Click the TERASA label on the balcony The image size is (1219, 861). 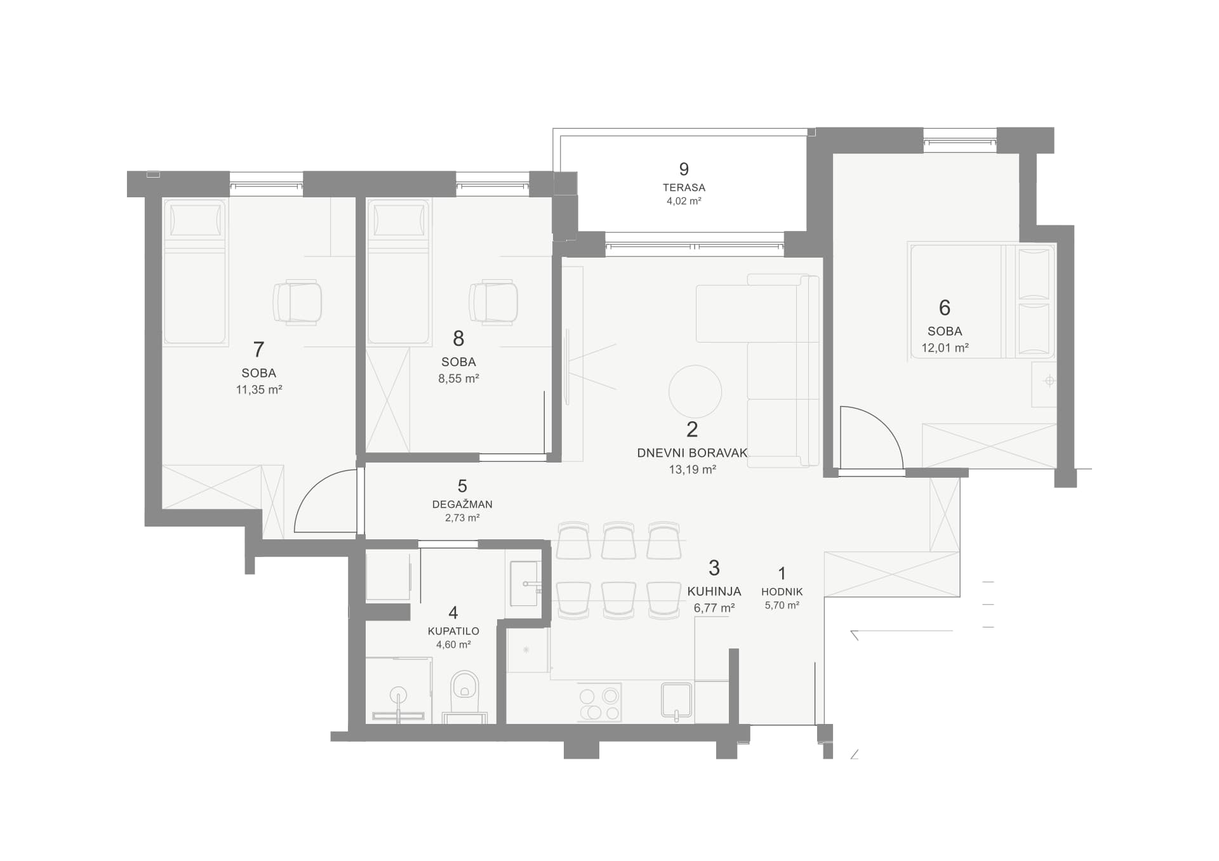[684, 188]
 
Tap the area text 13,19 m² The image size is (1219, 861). [692, 470]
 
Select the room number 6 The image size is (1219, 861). [945, 308]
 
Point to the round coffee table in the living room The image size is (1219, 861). [695, 391]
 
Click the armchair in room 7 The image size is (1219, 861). [297, 303]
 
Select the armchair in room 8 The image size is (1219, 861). [493, 303]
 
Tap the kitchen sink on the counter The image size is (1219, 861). [676, 701]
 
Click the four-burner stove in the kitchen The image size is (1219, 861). [600, 704]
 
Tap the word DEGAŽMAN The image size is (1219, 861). [462, 504]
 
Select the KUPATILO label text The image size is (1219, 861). [453, 631]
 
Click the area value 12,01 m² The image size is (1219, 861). [945, 348]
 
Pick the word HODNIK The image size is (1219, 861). [782, 592]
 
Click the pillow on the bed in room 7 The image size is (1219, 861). [196, 220]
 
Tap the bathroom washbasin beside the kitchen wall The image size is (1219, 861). [524, 583]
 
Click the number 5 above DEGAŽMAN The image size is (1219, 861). [462, 486]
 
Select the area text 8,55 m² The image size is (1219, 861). [458, 379]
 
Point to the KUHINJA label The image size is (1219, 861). [714, 591]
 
